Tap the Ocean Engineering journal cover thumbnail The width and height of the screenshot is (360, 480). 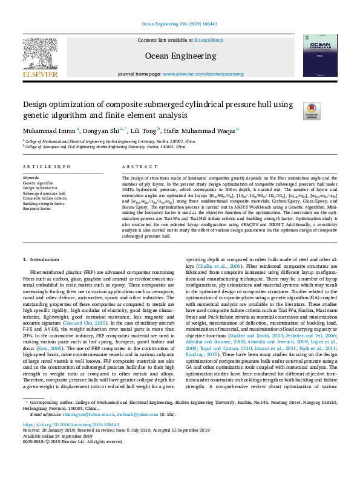(319, 56)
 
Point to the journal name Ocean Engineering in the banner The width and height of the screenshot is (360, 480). (179, 56)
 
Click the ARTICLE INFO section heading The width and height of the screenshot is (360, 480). (45, 166)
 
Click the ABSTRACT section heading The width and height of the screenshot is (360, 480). (136, 166)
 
